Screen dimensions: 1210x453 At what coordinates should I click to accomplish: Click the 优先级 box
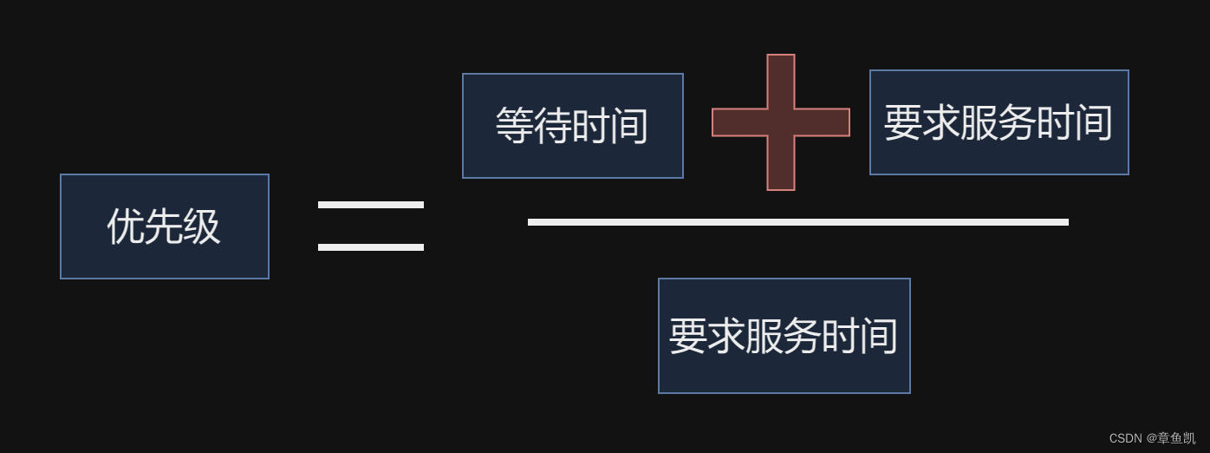click(x=165, y=226)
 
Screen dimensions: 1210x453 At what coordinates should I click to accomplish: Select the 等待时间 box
click(x=572, y=126)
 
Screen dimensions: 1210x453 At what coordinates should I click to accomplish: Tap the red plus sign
click(x=780, y=122)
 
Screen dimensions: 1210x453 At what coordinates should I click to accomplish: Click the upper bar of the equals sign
click(x=370, y=205)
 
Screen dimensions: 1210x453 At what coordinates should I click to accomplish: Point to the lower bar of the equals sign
click(x=370, y=247)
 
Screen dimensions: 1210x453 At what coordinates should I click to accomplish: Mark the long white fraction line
click(x=797, y=222)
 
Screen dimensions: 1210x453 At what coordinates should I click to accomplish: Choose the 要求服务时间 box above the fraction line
click(x=999, y=122)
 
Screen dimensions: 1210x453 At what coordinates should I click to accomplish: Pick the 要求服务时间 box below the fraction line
click(x=784, y=336)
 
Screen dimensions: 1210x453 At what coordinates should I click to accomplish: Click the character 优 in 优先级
click(x=126, y=227)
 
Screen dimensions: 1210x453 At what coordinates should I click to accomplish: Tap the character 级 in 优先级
click(x=202, y=227)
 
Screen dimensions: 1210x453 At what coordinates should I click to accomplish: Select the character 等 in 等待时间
click(x=514, y=127)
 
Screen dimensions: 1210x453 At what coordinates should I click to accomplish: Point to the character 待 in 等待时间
click(x=552, y=127)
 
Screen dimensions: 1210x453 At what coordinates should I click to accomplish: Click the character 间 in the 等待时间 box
click(x=629, y=127)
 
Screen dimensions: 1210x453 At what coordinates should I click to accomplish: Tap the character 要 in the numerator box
click(x=902, y=123)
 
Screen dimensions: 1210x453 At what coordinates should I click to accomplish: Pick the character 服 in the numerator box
click(x=979, y=123)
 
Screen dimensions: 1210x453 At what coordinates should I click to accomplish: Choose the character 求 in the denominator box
click(x=725, y=337)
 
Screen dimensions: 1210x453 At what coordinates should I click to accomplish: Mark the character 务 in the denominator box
click(x=803, y=337)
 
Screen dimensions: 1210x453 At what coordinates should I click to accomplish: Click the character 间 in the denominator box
click(x=879, y=337)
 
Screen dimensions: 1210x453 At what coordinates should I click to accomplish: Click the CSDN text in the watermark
click(x=1125, y=439)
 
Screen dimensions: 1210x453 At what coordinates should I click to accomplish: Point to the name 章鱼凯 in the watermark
click(x=1176, y=439)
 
